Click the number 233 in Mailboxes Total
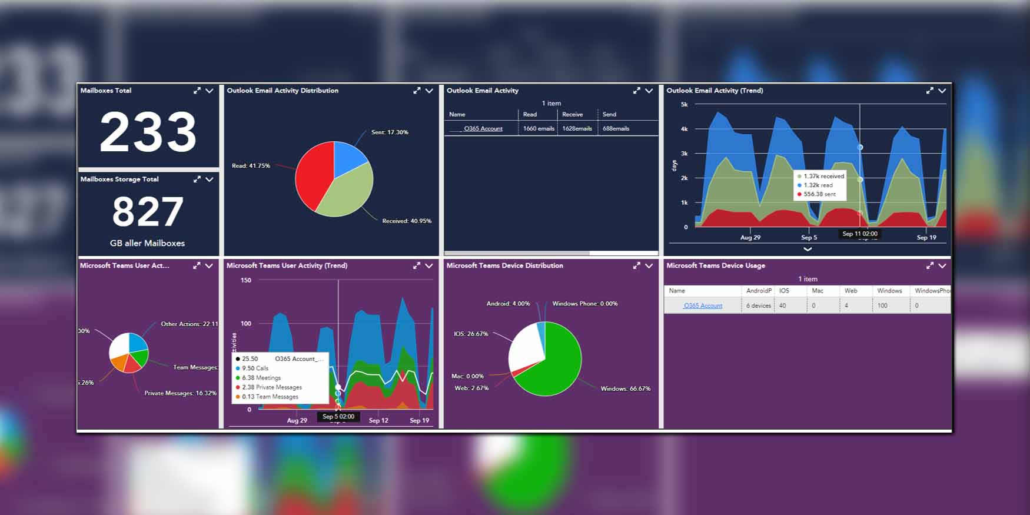point(148,132)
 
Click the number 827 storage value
point(148,212)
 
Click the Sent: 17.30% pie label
point(389,132)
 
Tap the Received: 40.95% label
point(406,221)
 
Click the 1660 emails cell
point(538,128)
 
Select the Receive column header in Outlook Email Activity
point(572,115)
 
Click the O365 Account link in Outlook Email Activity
point(483,128)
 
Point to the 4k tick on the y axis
point(684,129)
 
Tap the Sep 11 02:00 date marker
point(859,234)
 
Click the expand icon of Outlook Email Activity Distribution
point(417,91)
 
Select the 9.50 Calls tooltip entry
point(255,368)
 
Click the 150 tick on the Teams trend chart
point(246,280)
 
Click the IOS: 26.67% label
point(470,334)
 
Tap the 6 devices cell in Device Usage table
point(758,305)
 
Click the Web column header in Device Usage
point(850,291)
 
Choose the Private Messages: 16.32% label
point(180,393)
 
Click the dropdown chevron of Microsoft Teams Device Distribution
point(649,266)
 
